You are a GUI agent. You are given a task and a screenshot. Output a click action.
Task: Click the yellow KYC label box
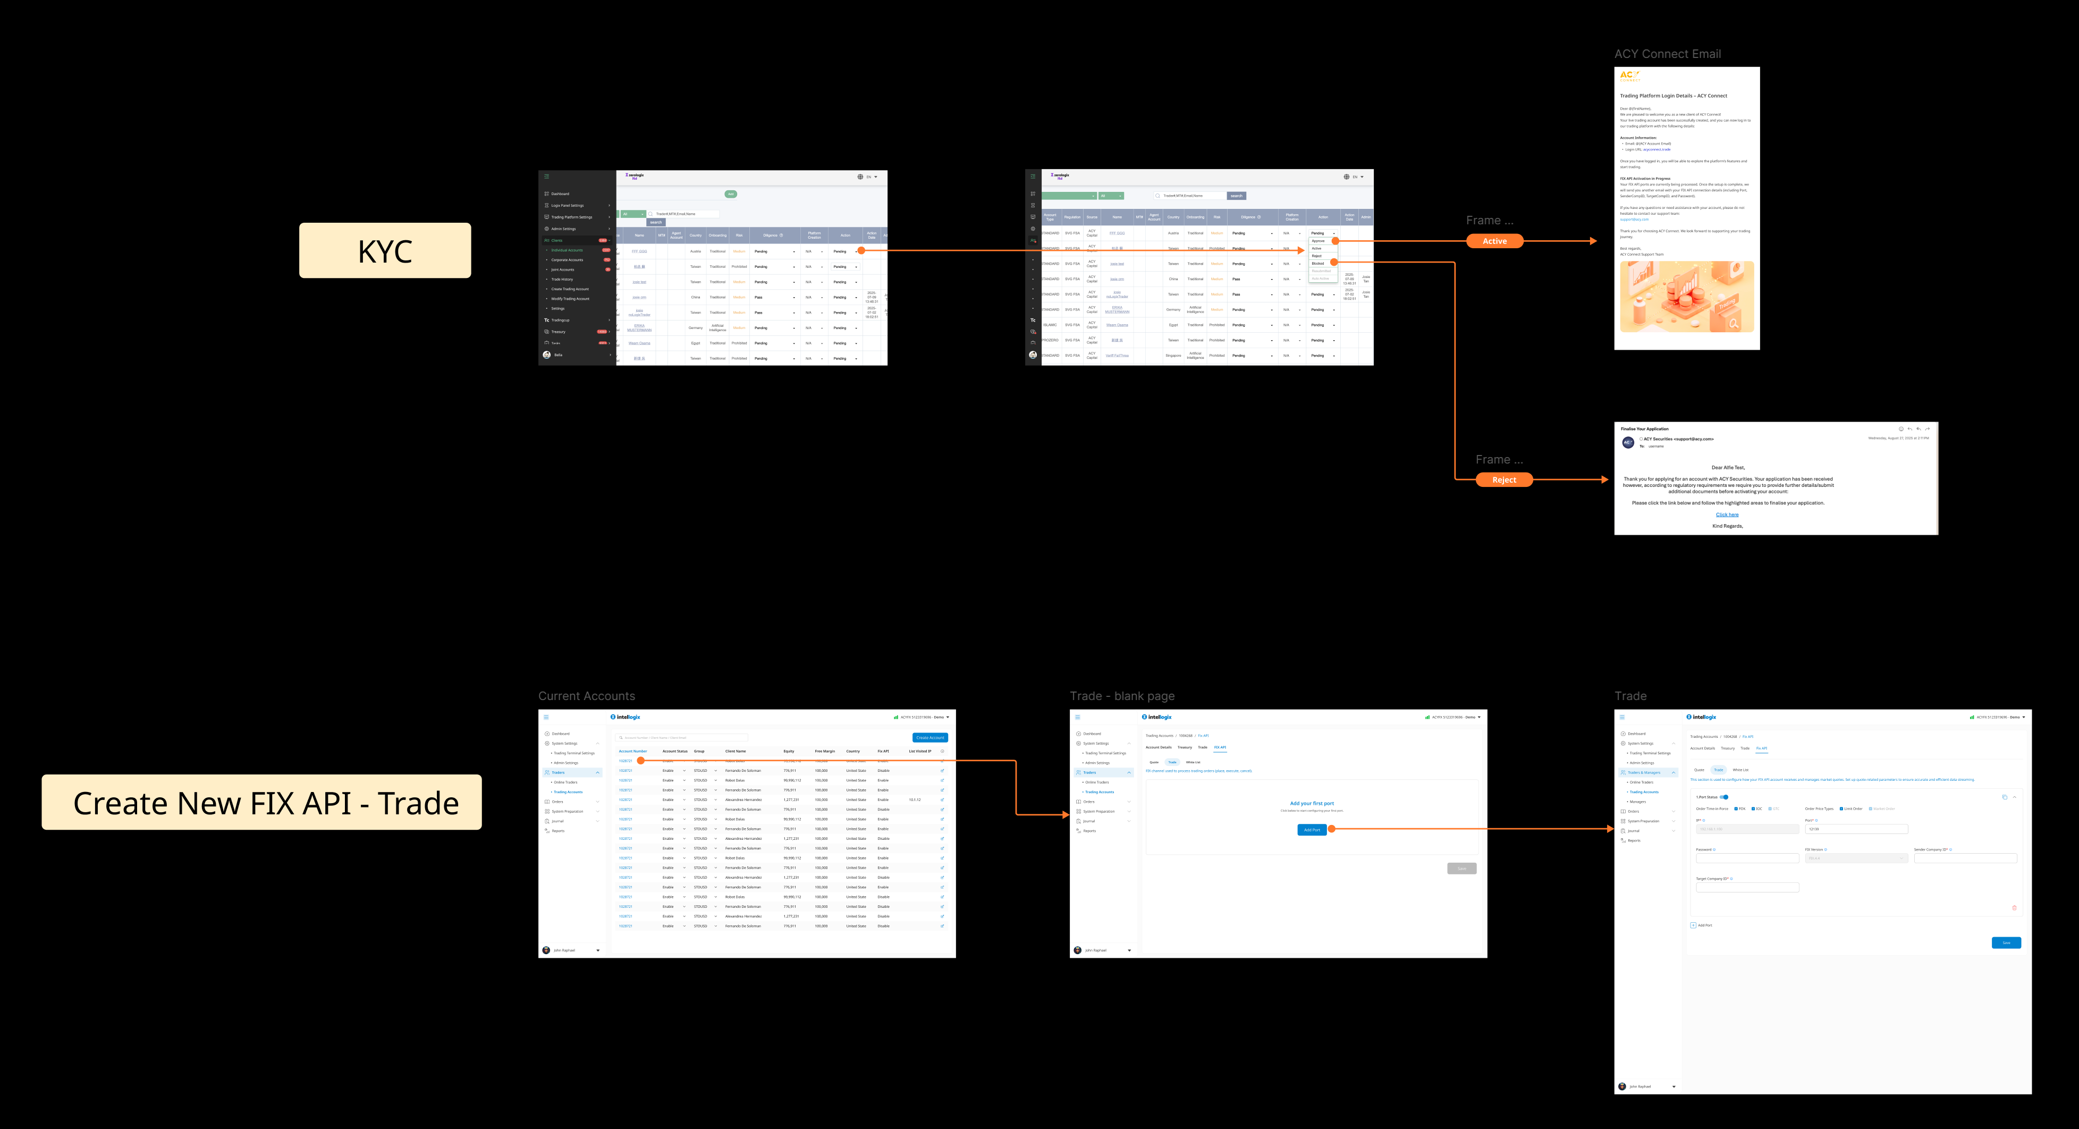point(385,251)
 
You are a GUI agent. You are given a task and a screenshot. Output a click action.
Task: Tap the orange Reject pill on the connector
point(1503,480)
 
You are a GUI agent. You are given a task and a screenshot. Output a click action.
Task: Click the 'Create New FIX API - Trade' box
point(261,802)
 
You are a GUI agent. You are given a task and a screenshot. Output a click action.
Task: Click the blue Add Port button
point(1312,830)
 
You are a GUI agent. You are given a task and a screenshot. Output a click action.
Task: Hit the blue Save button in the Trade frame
point(2006,942)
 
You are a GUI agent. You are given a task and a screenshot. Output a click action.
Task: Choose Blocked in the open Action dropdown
point(1318,263)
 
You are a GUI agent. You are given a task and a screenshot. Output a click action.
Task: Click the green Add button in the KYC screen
point(730,193)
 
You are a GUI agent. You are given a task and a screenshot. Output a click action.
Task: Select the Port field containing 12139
point(1855,829)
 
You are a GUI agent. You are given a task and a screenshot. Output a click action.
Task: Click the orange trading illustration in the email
point(1686,296)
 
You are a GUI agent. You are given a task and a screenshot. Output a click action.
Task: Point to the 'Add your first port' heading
point(1312,804)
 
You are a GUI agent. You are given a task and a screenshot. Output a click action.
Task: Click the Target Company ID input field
point(1747,888)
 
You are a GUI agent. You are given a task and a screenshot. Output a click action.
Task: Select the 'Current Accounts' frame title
point(587,696)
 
